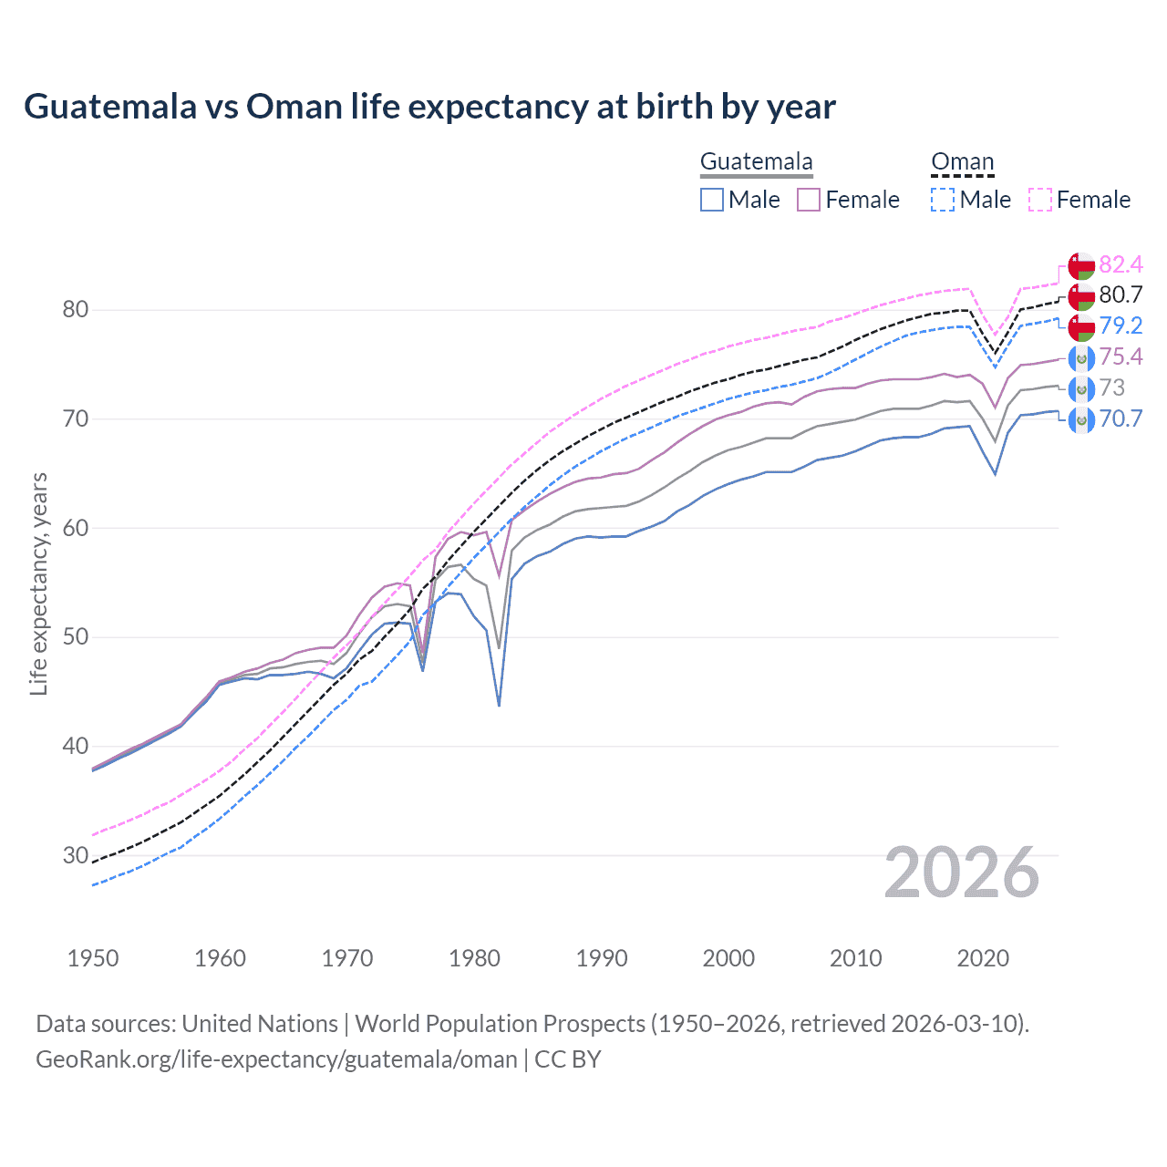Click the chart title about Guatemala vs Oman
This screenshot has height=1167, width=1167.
click(x=429, y=107)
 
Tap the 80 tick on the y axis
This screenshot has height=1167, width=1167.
click(x=76, y=310)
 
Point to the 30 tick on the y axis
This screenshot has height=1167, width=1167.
click(x=76, y=855)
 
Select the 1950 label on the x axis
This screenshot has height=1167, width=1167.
click(x=93, y=958)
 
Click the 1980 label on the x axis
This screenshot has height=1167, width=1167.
click(x=474, y=958)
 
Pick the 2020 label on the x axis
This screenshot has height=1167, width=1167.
click(x=983, y=958)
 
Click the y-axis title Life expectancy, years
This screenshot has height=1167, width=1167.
click(x=39, y=583)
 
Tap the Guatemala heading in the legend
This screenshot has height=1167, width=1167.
click(x=756, y=162)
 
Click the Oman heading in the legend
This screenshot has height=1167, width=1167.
click(x=962, y=162)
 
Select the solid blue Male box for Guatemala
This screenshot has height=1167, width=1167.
click(x=712, y=200)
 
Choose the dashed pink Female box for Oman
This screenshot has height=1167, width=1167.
click(x=1040, y=200)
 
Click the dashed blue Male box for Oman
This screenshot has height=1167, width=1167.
click(x=943, y=200)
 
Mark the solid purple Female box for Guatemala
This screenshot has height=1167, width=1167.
click(x=809, y=200)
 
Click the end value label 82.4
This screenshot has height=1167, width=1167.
click(x=1121, y=265)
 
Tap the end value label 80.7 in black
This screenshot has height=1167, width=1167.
click(x=1121, y=295)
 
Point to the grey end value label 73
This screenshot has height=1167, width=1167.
click(x=1111, y=388)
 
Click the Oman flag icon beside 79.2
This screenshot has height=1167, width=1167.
click(x=1081, y=326)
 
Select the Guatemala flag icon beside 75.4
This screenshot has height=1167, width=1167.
click(x=1081, y=357)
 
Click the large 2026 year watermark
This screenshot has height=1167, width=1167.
click(x=962, y=873)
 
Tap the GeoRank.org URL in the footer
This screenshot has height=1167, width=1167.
click(x=276, y=1059)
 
